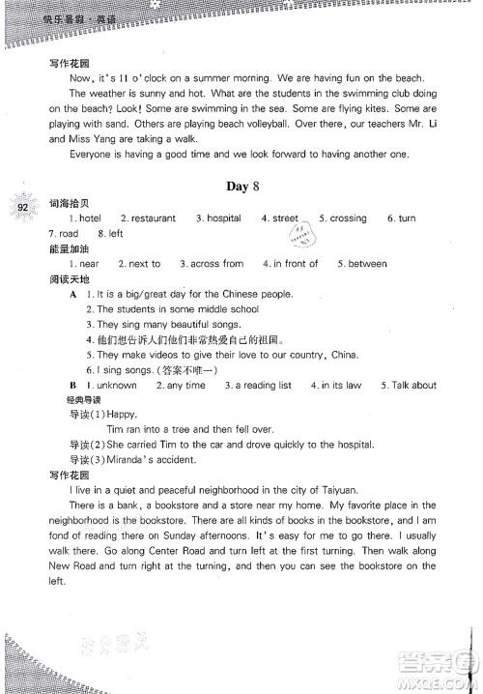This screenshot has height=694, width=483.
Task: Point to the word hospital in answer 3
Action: [224, 218]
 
